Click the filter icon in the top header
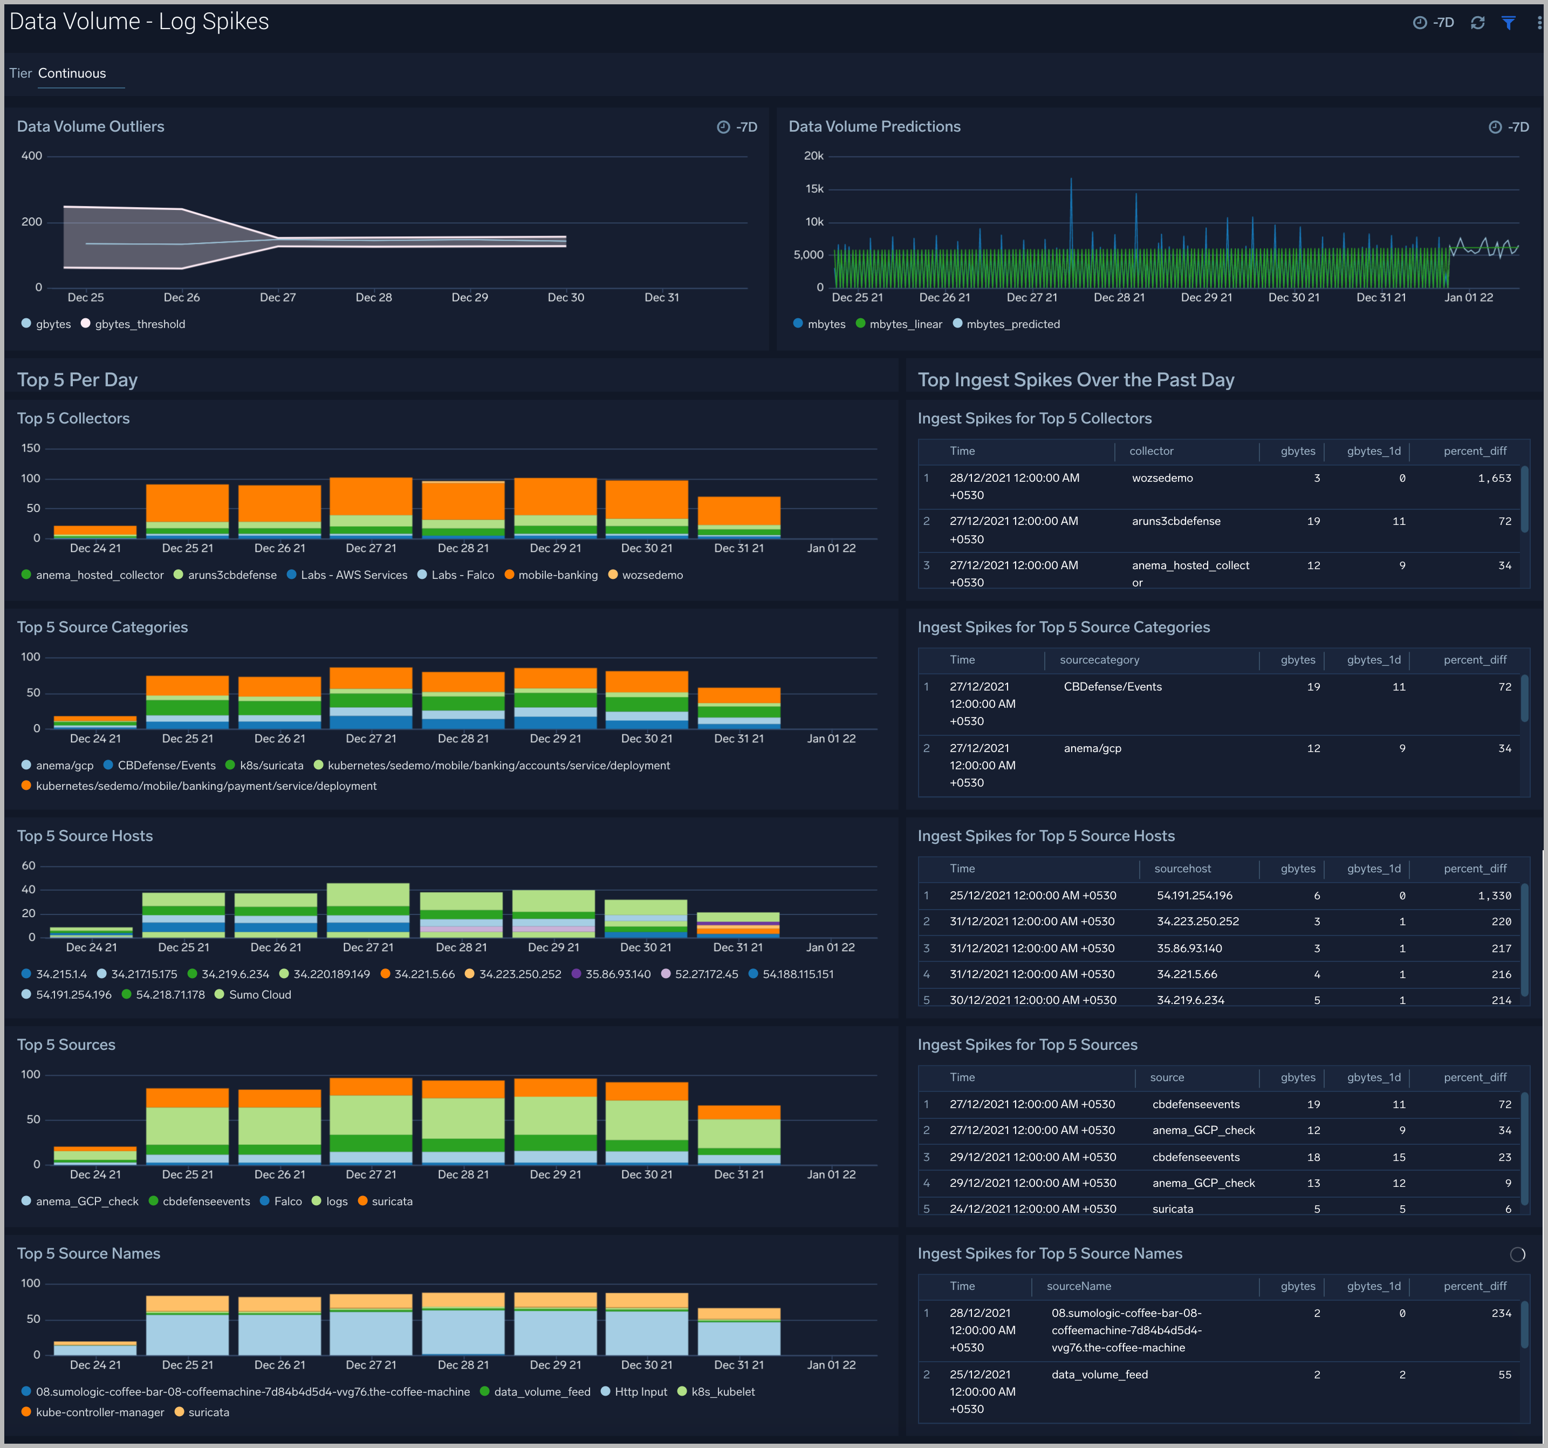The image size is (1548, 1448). (x=1508, y=23)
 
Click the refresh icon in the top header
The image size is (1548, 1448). (x=1477, y=23)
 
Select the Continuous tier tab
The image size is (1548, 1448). (x=72, y=73)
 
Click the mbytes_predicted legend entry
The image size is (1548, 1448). (x=1012, y=324)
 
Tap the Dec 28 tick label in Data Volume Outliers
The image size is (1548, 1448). (x=374, y=298)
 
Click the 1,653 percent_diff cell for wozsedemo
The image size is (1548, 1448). (x=1494, y=478)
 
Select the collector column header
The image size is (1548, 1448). (x=1151, y=451)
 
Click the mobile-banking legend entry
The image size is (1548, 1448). (x=558, y=575)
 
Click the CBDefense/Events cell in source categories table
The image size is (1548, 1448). (x=1112, y=687)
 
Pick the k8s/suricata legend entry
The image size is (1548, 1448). (x=271, y=766)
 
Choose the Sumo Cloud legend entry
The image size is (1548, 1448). (x=259, y=995)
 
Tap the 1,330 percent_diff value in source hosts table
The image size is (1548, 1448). (x=1494, y=896)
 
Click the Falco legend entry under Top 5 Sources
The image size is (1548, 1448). (x=287, y=1201)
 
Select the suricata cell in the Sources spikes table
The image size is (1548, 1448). (x=1172, y=1209)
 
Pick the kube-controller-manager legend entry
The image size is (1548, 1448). (x=100, y=1412)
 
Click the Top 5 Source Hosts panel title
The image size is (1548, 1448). (x=85, y=836)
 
